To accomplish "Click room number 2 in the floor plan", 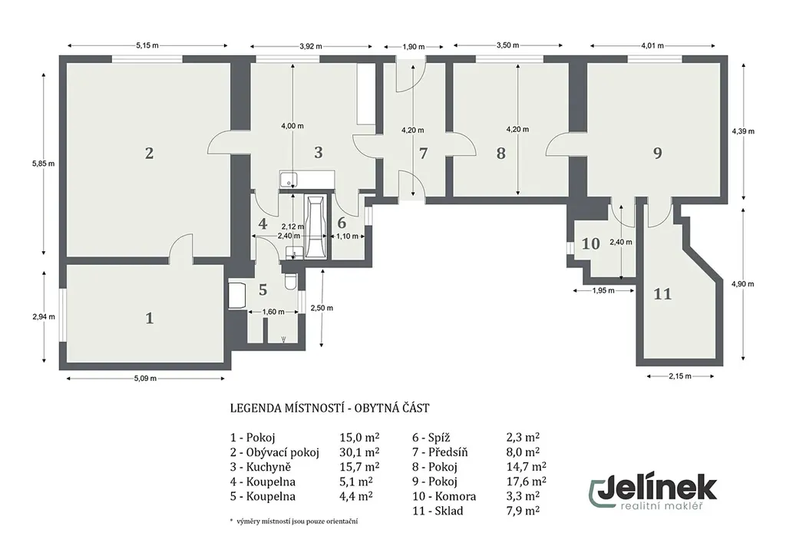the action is [x=149, y=153].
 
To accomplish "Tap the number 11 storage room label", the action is [x=662, y=293].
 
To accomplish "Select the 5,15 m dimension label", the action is [x=147, y=45].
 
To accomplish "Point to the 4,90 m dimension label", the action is [x=742, y=284].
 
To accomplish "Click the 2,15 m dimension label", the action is [x=680, y=376].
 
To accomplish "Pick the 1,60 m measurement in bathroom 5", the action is [x=273, y=312].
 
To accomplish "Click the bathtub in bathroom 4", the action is [x=315, y=227].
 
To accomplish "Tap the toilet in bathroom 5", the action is [x=291, y=282].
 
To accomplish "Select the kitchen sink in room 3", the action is [x=289, y=179].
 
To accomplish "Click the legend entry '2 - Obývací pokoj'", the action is [x=275, y=452].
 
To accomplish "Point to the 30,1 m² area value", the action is [x=359, y=452].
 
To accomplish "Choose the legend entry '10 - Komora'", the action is [x=444, y=496].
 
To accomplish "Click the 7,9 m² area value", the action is [x=523, y=511].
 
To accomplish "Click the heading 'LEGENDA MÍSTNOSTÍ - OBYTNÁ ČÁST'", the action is [x=330, y=408].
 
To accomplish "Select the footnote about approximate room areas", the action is [x=294, y=521].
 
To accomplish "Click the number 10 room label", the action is [x=590, y=243].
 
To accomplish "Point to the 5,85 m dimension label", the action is [x=43, y=164].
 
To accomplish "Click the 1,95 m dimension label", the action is [x=603, y=290].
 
